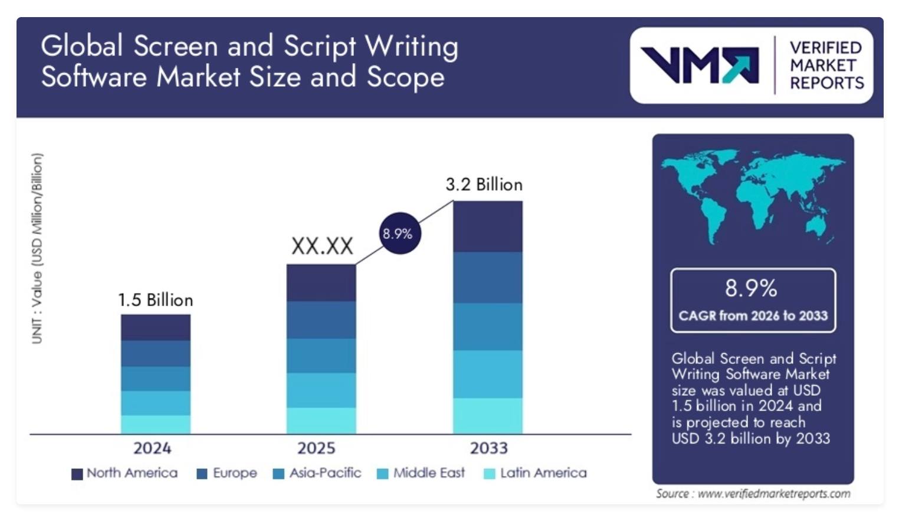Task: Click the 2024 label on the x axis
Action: pyautogui.click(x=152, y=448)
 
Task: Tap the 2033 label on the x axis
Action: pyautogui.click(x=488, y=448)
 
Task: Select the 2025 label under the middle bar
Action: pyautogui.click(x=316, y=448)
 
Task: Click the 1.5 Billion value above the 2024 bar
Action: pyautogui.click(x=156, y=300)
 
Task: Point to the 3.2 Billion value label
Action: pyautogui.click(x=484, y=185)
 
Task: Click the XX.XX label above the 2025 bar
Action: pyautogui.click(x=322, y=246)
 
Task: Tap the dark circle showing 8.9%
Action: pyautogui.click(x=398, y=234)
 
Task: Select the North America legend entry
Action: pyautogui.click(x=124, y=473)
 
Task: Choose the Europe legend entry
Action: pyautogui.click(x=227, y=473)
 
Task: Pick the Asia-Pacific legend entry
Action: pyautogui.click(x=317, y=473)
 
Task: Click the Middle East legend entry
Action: pyautogui.click(x=421, y=473)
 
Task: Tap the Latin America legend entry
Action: pyautogui.click(x=536, y=473)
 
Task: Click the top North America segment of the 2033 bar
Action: pyautogui.click(x=488, y=226)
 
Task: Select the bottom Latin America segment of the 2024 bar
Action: pyautogui.click(x=156, y=425)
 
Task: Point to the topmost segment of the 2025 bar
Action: pyautogui.click(x=321, y=283)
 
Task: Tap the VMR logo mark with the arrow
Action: pyautogui.click(x=700, y=65)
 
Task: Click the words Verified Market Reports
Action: pyautogui.click(x=826, y=65)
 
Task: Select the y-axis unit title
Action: pyautogui.click(x=37, y=248)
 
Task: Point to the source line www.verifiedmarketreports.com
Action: pyautogui.click(x=753, y=494)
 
